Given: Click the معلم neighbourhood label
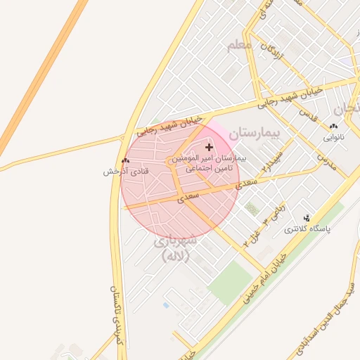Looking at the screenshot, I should [239, 46].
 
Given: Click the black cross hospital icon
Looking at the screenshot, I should [209, 147].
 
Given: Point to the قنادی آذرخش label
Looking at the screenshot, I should [120, 172].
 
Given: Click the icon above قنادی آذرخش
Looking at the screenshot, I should [125, 160].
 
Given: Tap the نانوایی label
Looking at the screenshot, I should [334, 137].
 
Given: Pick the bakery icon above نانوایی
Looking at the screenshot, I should [333, 126].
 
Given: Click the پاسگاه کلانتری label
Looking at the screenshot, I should [307, 229].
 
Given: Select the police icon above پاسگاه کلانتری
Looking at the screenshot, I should [306, 217].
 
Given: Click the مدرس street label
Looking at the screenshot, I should [326, 162].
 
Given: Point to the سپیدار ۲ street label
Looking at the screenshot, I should [274, 161].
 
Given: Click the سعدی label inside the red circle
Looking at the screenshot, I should [188, 198].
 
